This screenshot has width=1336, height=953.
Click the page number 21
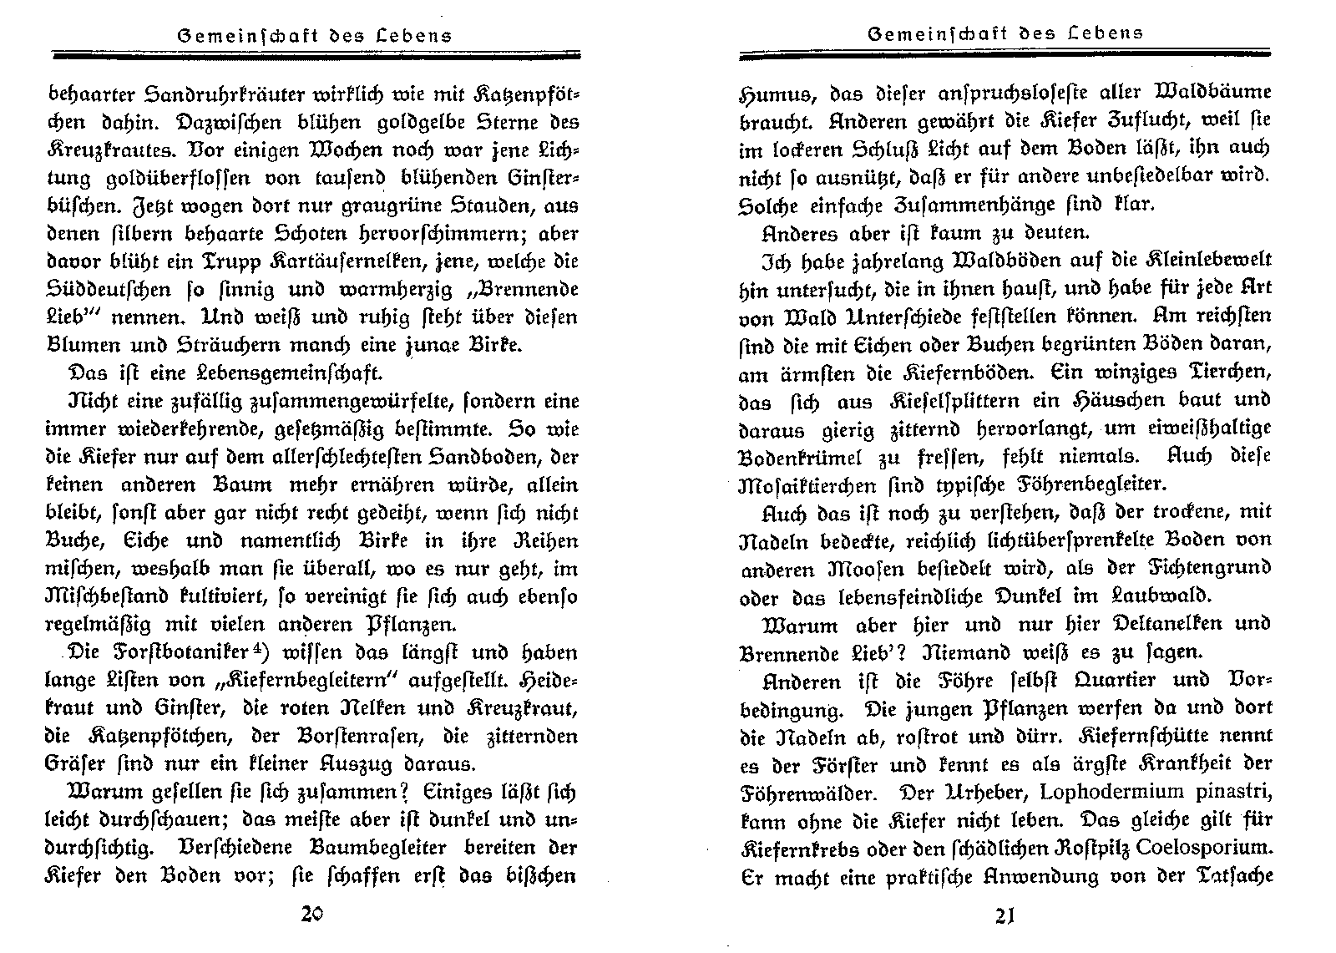pyautogui.click(x=1005, y=916)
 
